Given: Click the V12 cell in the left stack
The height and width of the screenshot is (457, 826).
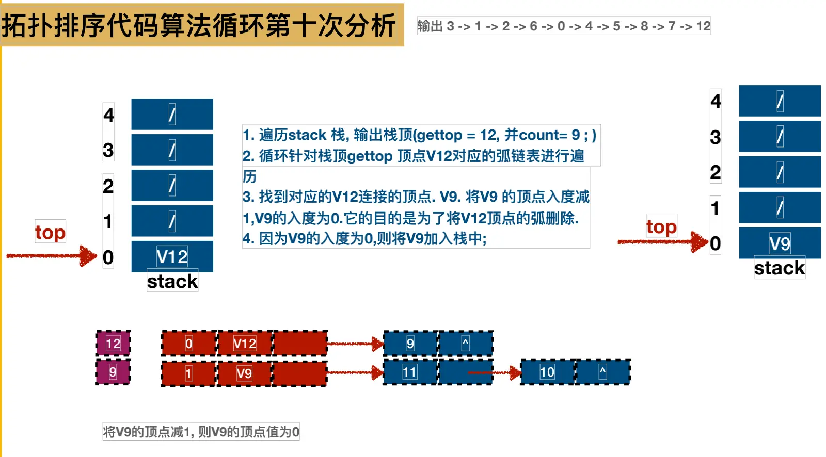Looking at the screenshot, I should (x=172, y=256).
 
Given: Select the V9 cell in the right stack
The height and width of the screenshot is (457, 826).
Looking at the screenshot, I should (x=780, y=243).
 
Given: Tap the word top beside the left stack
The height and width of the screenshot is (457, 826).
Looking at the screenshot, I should (x=50, y=232).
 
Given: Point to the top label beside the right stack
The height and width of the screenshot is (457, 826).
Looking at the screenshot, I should (x=661, y=226).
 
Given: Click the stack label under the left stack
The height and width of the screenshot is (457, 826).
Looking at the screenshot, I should (x=172, y=281).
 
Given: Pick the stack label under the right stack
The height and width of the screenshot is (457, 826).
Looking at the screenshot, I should (x=780, y=268).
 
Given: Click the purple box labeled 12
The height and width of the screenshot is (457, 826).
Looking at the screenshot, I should (x=113, y=344).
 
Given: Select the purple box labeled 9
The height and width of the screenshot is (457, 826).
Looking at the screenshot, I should (x=113, y=372).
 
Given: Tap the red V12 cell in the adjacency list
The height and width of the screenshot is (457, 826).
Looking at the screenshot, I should (x=244, y=344).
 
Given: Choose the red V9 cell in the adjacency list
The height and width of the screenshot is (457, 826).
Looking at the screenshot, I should (x=244, y=373).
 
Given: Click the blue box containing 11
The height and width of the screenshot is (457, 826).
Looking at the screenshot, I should (x=410, y=372).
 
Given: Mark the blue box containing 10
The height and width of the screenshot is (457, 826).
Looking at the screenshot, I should (x=547, y=372).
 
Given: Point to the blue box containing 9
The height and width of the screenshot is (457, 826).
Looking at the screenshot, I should (x=410, y=344).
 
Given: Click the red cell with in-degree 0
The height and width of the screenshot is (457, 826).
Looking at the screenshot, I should (x=189, y=344).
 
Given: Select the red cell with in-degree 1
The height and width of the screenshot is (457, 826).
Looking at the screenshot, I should (x=189, y=373).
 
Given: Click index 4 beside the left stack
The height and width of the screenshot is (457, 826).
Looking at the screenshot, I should (x=108, y=114).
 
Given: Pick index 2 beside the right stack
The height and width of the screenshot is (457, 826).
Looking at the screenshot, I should (x=715, y=172).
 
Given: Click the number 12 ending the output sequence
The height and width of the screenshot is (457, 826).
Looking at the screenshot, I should (x=703, y=26).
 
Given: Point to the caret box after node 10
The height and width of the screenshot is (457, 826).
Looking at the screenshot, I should (x=602, y=372).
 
